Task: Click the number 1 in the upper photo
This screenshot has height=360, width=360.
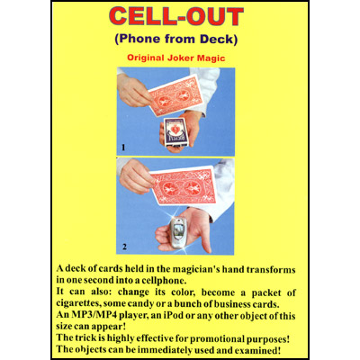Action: [121, 146]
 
